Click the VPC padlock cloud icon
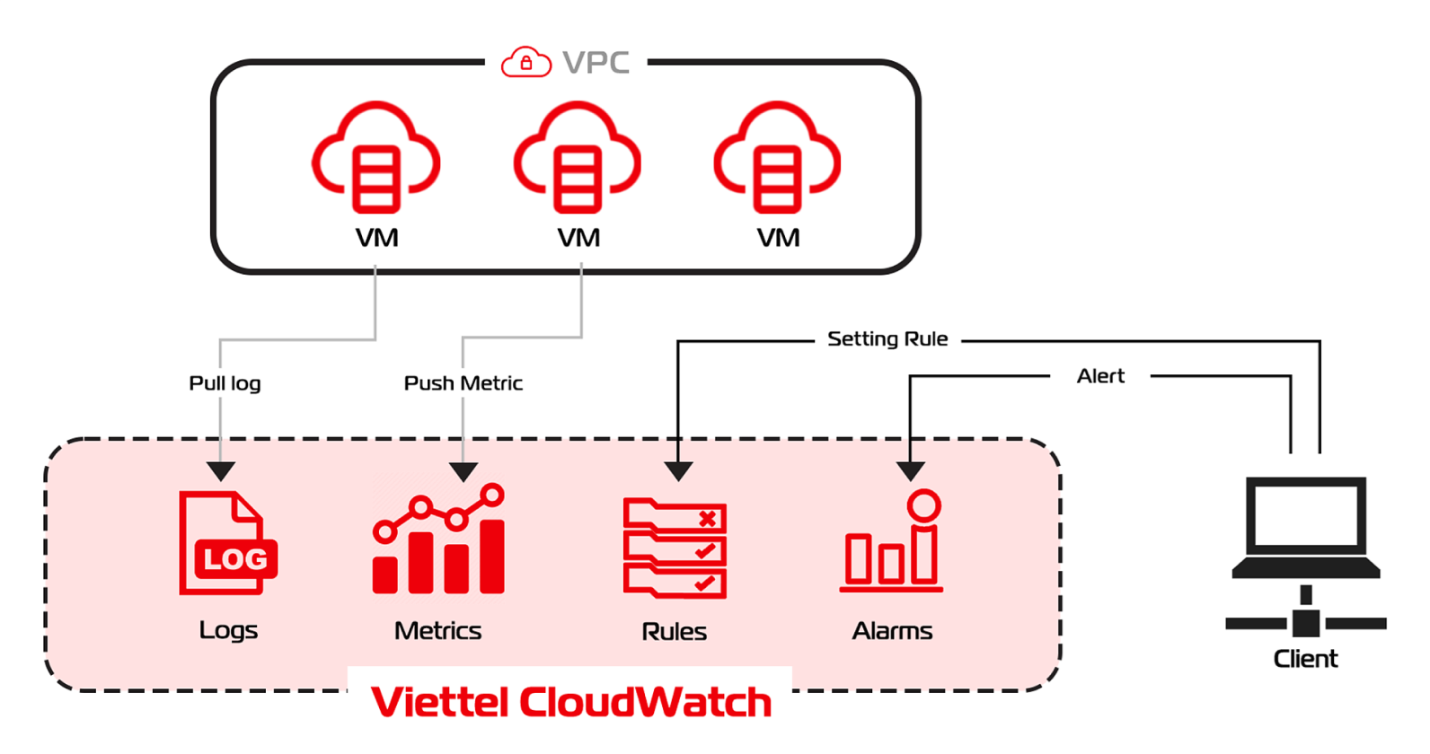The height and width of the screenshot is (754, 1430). point(525,62)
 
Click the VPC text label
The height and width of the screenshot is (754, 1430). point(596,63)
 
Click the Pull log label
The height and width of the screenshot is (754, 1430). point(225,383)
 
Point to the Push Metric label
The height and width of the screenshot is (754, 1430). point(463,383)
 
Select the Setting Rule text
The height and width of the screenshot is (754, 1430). point(887,339)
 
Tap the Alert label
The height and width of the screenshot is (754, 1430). point(1100,376)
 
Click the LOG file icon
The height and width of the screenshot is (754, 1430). point(227,543)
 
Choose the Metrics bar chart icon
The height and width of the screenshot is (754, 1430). point(439,539)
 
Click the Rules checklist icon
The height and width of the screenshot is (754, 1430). point(675,548)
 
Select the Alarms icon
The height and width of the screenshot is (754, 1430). point(892,541)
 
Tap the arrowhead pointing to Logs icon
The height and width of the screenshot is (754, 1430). point(221,470)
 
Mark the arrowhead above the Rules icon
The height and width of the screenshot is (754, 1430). point(678,470)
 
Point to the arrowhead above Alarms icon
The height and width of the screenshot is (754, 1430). point(910,470)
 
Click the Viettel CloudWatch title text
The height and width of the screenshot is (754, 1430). point(571,702)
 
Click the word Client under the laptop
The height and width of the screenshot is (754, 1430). point(1305,659)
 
